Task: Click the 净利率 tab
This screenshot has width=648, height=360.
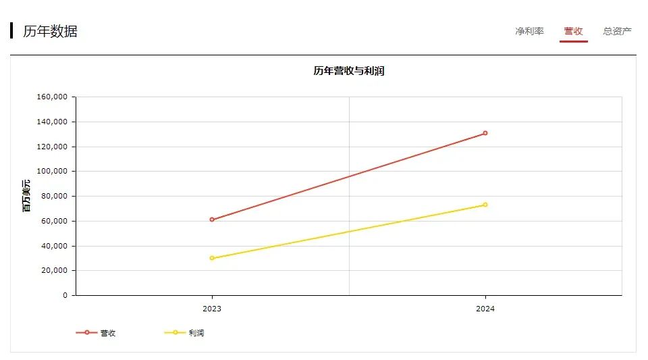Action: (529, 31)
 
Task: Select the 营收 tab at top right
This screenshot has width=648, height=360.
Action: (573, 31)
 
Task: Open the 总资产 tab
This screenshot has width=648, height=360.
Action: (617, 31)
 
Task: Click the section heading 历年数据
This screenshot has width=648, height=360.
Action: (50, 31)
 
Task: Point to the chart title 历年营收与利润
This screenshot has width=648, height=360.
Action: (348, 71)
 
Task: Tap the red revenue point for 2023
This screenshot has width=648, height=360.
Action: (212, 220)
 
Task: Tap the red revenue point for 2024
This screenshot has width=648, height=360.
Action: (485, 133)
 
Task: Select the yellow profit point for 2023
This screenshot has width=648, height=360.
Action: (212, 258)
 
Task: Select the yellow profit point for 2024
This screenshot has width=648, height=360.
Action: (485, 205)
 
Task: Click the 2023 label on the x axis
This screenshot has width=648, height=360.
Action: (212, 309)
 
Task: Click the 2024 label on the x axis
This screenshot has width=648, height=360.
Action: (485, 309)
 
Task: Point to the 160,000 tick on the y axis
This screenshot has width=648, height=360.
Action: (52, 97)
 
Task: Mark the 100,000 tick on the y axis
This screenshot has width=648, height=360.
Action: (52, 172)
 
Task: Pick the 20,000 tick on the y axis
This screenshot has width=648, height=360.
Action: (54, 271)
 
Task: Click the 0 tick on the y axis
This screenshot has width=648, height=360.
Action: (65, 296)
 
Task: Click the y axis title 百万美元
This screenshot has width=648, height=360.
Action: (26, 196)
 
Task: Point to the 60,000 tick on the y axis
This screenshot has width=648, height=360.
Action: (54, 221)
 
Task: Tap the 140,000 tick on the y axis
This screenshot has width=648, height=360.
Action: (52, 122)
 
